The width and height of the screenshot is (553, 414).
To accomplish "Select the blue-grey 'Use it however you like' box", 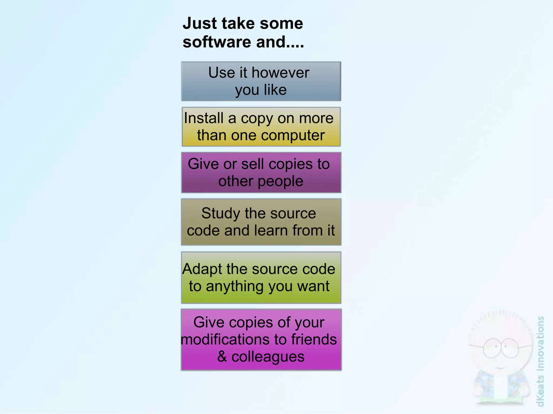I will pos(261,81).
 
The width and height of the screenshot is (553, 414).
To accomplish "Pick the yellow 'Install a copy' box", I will pos(261,127).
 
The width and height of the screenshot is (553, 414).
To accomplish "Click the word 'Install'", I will pos(204,118).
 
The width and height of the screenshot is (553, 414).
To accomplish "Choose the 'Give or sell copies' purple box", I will pos(261,173).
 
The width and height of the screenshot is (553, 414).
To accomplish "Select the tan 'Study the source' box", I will pos(261,222).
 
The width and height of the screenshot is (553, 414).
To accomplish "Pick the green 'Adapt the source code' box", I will pos(261,278).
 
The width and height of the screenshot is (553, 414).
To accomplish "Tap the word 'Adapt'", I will pos(202,269).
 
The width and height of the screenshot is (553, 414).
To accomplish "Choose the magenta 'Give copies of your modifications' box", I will pos(261,340).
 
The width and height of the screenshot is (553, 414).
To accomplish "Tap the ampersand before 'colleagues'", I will pos(222,357).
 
